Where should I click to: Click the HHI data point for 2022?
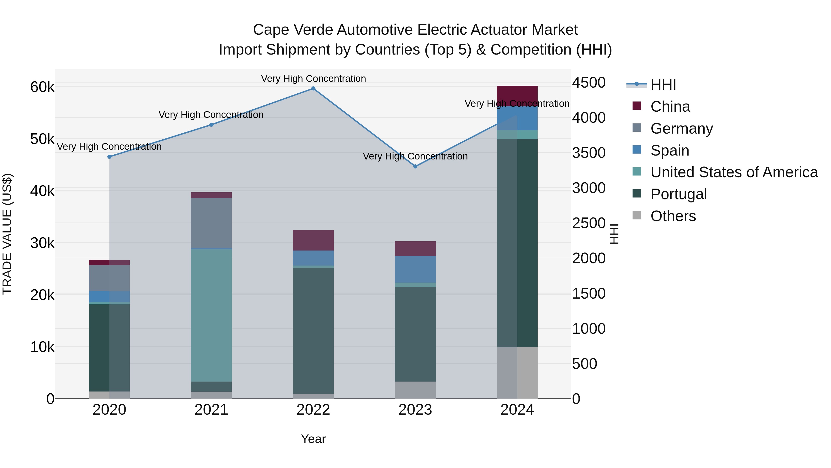coord(313,89)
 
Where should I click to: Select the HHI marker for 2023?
coord(415,166)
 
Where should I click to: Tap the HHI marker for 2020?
coord(109,157)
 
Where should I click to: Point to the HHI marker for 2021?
coord(211,125)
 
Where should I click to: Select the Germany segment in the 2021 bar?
coord(211,223)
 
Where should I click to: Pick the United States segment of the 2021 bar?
coord(211,315)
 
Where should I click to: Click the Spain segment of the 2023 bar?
coord(415,269)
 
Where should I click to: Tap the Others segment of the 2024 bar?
coord(517,373)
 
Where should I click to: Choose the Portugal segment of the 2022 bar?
coord(313,330)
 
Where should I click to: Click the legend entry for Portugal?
coord(678,194)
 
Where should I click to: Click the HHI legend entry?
coord(663,85)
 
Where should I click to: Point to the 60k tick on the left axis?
coord(42,87)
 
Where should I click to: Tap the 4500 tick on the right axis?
coord(589,83)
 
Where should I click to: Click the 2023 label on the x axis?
coord(415,410)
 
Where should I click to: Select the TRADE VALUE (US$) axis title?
coord(7,234)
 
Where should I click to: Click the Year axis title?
coord(313,439)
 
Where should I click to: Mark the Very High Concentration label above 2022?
coord(313,79)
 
